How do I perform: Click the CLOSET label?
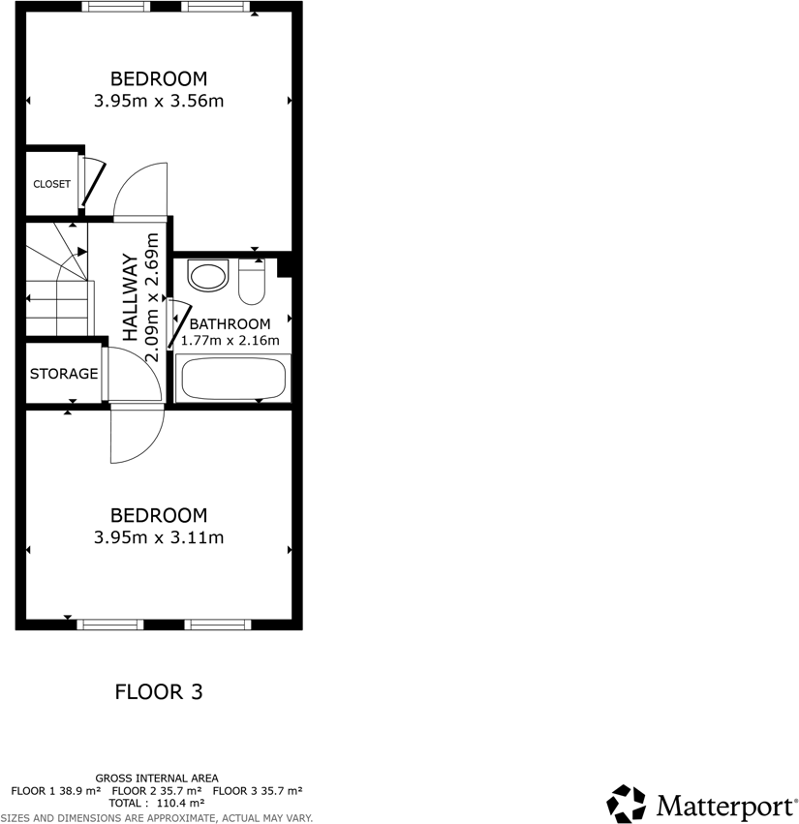(51, 184)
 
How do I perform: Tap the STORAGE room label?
(63, 374)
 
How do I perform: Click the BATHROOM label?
(230, 323)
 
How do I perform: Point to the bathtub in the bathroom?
(232, 378)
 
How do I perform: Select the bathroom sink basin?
(208, 275)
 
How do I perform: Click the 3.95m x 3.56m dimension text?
(159, 100)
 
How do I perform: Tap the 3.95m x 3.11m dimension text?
(159, 537)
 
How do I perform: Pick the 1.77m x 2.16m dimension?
(230, 340)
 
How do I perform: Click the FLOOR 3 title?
(159, 691)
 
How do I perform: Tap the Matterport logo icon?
(626, 804)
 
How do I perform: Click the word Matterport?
(722, 805)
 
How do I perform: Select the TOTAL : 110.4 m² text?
(157, 803)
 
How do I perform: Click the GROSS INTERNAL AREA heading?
(157, 778)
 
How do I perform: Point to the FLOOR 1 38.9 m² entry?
(55, 790)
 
